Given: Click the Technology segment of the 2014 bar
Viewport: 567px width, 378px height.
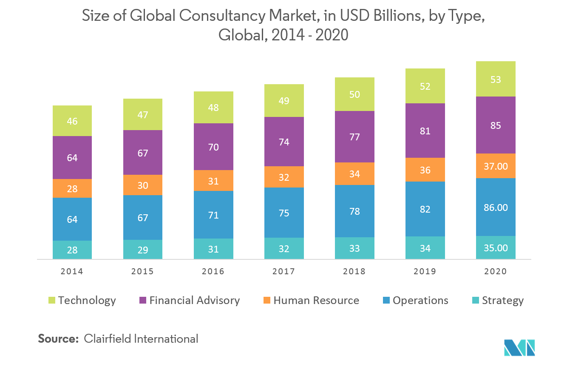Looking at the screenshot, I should click(72, 121).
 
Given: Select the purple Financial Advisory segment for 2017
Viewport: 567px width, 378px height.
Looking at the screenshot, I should click(284, 142).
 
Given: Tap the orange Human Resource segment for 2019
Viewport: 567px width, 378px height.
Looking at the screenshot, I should click(425, 170).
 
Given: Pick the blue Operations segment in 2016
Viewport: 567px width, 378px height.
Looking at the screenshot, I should click(213, 215).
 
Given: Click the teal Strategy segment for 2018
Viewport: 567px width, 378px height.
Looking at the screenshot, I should click(354, 248).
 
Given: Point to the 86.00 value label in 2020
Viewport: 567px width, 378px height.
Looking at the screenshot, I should click(496, 207).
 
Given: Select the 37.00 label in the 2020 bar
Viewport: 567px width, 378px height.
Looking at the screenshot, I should click(496, 166).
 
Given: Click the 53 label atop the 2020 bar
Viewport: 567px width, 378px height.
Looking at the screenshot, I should click(496, 80).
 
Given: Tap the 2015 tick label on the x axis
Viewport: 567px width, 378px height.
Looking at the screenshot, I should click(143, 271).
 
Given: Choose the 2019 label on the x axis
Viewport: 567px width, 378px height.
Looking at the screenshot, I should click(425, 271).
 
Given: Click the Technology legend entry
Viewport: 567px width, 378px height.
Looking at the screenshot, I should click(87, 301).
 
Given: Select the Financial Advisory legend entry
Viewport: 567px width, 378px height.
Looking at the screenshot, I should click(194, 301).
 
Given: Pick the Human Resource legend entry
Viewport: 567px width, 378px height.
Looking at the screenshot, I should click(316, 301).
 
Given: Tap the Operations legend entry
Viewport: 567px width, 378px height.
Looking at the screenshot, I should click(420, 301).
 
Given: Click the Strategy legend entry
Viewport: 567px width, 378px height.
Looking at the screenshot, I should click(502, 301).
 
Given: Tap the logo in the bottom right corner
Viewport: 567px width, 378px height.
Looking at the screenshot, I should click(519, 347).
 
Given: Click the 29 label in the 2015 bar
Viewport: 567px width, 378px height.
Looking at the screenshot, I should click(143, 250).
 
